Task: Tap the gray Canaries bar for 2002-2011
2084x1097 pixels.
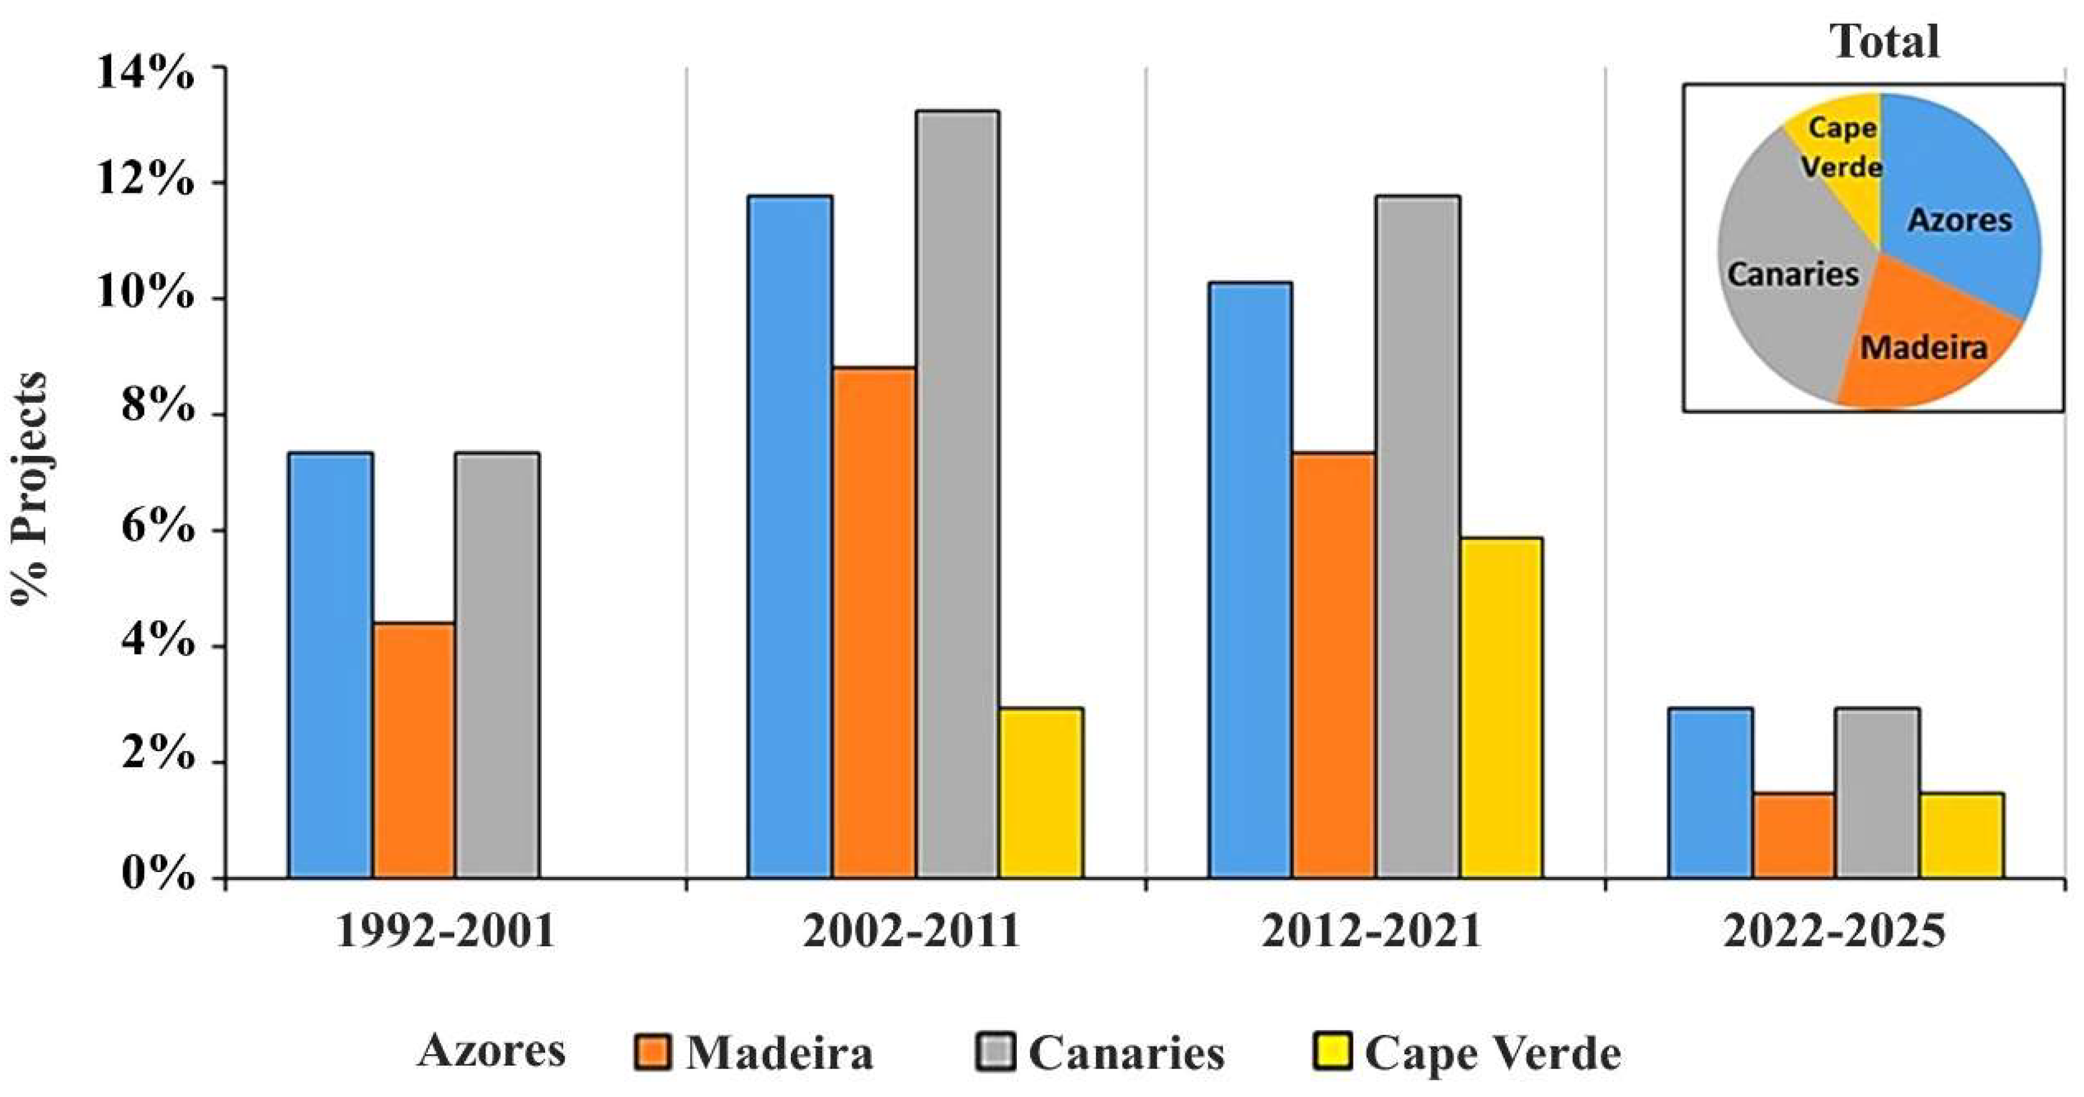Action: point(957,494)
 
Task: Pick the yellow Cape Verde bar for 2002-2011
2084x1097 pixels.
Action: point(1041,793)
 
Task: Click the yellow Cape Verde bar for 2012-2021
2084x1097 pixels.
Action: point(1501,708)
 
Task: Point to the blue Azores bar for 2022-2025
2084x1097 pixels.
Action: point(1710,793)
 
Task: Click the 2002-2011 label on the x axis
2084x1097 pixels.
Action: point(911,931)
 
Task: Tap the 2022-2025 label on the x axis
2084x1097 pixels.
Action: point(1834,931)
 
